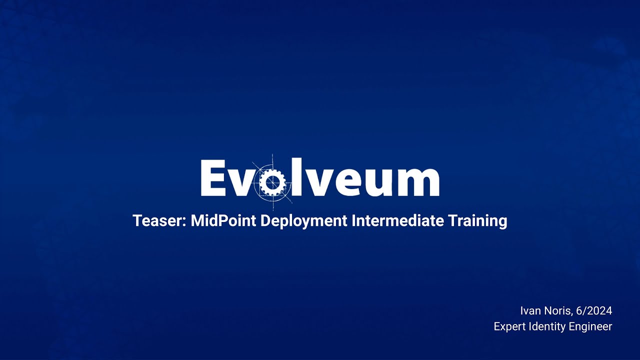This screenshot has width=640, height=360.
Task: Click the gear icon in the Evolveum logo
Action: click(x=272, y=181)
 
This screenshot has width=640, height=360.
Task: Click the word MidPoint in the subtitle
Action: click(x=223, y=221)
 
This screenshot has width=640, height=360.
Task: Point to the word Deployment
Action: click(x=303, y=221)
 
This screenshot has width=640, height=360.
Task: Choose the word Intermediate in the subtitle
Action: click(x=397, y=221)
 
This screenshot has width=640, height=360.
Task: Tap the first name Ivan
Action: click(x=530, y=311)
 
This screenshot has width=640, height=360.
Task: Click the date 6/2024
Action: click(x=594, y=311)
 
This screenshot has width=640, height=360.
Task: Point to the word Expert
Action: click(x=509, y=326)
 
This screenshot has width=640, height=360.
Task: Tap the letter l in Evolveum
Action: click(x=297, y=177)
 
